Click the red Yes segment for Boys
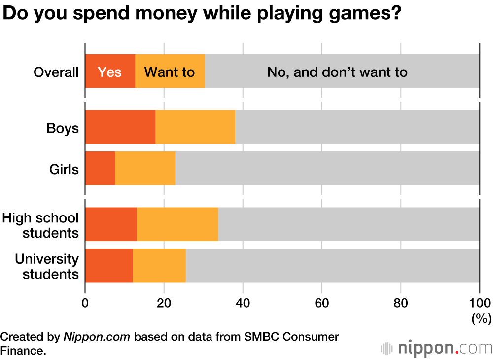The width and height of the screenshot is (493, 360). pyautogui.click(x=120, y=127)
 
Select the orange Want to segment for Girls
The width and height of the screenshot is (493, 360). pyautogui.click(x=145, y=168)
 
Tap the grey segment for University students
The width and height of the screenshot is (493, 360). pyautogui.click(x=332, y=265)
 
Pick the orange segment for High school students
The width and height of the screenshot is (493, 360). pyautogui.click(x=177, y=224)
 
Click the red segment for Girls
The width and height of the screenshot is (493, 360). pyautogui.click(x=100, y=168)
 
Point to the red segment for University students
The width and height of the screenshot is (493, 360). pyautogui.click(x=109, y=265)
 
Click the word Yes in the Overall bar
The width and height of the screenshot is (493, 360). pyautogui.click(x=109, y=72)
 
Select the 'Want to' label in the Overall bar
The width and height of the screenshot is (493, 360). pyautogui.click(x=169, y=72)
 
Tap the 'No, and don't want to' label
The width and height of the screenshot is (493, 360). pyautogui.click(x=337, y=72)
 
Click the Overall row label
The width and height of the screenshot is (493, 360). pyautogui.click(x=56, y=72)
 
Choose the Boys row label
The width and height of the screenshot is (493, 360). pyautogui.click(x=63, y=128)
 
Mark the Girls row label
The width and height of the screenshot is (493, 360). pyautogui.click(x=64, y=170)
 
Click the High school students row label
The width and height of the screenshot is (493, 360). pyautogui.click(x=40, y=225)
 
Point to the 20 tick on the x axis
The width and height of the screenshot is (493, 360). pyautogui.click(x=164, y=303)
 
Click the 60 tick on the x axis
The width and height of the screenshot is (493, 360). pyautogui.click(x=322, y=303)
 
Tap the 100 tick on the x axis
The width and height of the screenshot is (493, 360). pyautogui.click(x=479, y=303)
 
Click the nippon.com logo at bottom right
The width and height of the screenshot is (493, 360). pyautogui.click(x=436, y=348)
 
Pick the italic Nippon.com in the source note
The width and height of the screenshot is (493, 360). pyautogui.click(x=97, y=337)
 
